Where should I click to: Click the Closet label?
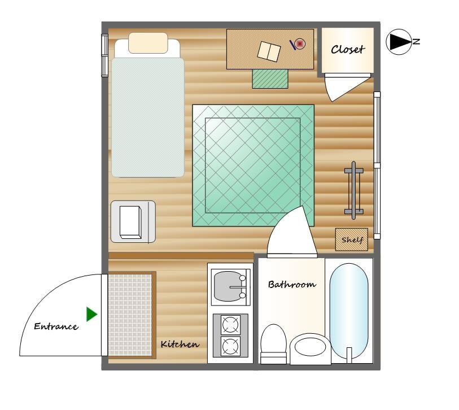(348, 50)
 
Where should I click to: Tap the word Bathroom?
(292, 285)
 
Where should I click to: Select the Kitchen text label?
(180, 344)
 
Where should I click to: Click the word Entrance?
(56, 326)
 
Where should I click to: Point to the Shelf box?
(352, 239)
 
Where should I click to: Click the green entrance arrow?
(91, 314)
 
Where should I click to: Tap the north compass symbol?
(403, 42)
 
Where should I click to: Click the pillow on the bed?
(148, 43)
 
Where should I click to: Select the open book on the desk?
(269, 51)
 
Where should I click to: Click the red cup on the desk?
(300, 44)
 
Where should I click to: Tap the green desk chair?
(270, 78)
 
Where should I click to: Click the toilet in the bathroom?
(273, 344)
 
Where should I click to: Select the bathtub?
(349, 311)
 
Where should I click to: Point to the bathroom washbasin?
(311, 348)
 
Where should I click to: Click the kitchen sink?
(231, 287)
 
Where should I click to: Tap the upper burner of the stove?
(230, 325)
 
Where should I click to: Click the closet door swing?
(344, 87)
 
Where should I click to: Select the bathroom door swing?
(292, 232)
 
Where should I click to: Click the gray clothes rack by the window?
(354, 190)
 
